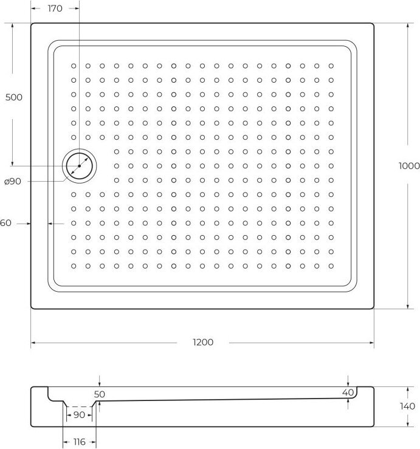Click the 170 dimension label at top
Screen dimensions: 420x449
(55, 9)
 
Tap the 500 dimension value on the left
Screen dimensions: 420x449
(14, 97)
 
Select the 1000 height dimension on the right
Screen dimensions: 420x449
(409, 166)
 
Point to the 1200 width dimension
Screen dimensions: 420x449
(203, 342)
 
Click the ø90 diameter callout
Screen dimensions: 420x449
(13, 181)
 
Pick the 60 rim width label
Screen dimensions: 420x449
(5, 223)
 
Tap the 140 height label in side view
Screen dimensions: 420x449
(407, 406)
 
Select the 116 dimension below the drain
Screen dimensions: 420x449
(79, 442)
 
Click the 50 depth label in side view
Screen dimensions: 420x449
(100, 394)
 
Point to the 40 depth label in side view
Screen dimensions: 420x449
(348, 392)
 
